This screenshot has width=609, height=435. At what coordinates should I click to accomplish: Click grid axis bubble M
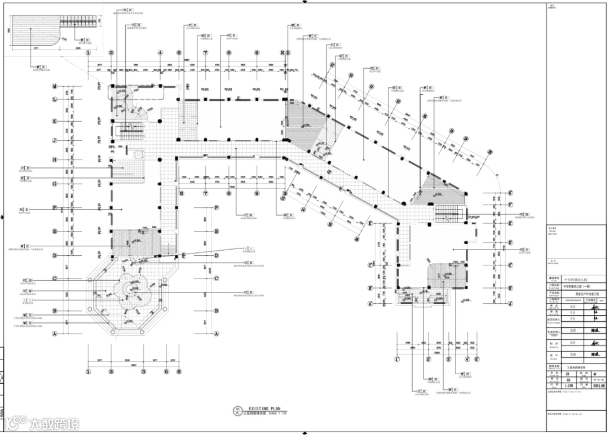55,86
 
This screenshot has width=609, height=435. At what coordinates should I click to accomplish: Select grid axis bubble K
55,121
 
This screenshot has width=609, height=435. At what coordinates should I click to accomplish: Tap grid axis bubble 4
160,53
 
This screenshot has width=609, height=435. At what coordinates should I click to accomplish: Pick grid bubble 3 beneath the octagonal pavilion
144,371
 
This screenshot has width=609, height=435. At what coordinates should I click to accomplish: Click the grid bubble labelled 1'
397,358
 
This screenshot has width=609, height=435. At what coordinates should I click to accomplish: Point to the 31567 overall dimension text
186,59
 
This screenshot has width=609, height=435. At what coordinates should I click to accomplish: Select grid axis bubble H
55,159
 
